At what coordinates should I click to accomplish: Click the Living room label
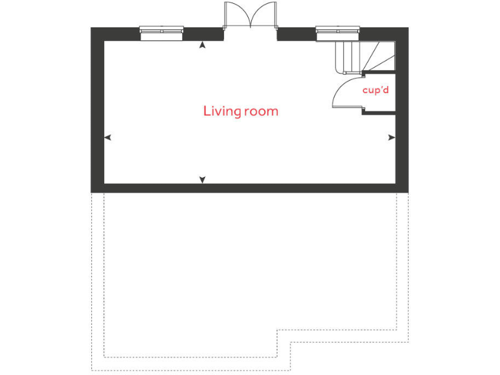[240, 111]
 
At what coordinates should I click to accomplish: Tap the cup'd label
[376, 90]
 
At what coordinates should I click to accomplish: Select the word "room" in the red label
[260, 111]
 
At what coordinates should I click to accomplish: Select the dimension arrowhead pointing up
[202, 45]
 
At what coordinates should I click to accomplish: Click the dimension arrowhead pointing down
[202, 179]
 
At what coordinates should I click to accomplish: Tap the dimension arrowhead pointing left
[108, 137]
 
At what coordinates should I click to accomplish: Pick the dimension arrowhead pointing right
[391, 137]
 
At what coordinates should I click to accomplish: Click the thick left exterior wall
[97, 111]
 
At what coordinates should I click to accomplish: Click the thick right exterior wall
[402, 111]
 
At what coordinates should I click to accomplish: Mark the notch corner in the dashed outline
[278, 330]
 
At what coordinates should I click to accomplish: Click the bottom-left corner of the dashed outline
[92, 370]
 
